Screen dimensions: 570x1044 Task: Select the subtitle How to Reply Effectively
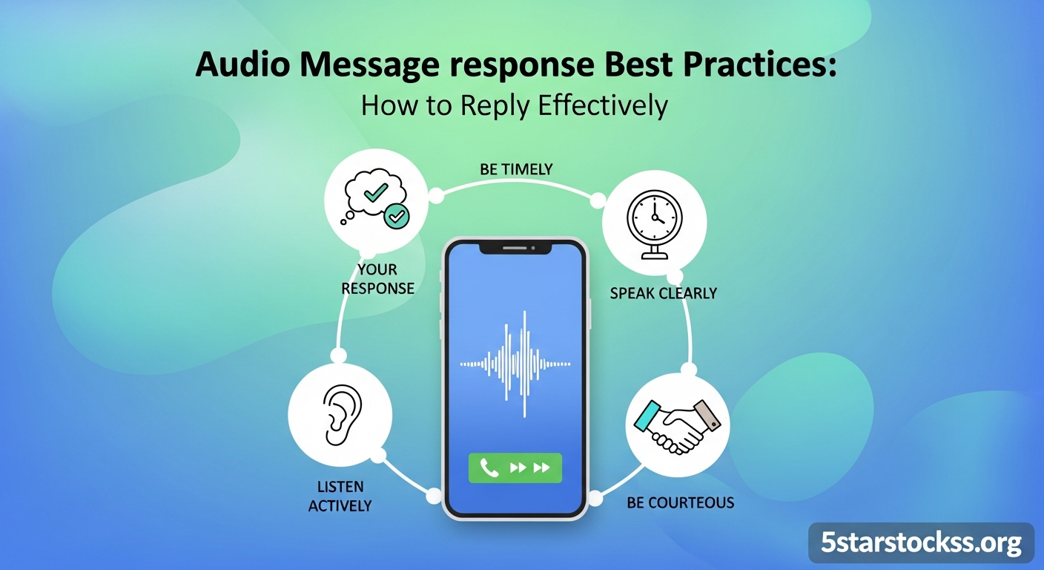point(514,105)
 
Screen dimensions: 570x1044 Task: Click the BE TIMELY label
point(516,169)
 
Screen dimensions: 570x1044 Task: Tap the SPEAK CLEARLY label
point(663,293)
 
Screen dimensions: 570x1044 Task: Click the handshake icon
point(677,425)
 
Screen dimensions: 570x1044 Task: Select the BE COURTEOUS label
point(680,502)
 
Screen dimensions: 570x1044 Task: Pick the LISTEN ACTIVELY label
point(340,497)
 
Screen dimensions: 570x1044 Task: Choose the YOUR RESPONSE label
point(377,278)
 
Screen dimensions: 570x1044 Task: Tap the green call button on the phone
point(515,468)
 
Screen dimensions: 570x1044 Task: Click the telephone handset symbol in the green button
point(489,468)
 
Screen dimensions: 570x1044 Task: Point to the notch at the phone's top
point(515,246)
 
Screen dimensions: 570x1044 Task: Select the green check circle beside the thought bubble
point(397,216)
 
